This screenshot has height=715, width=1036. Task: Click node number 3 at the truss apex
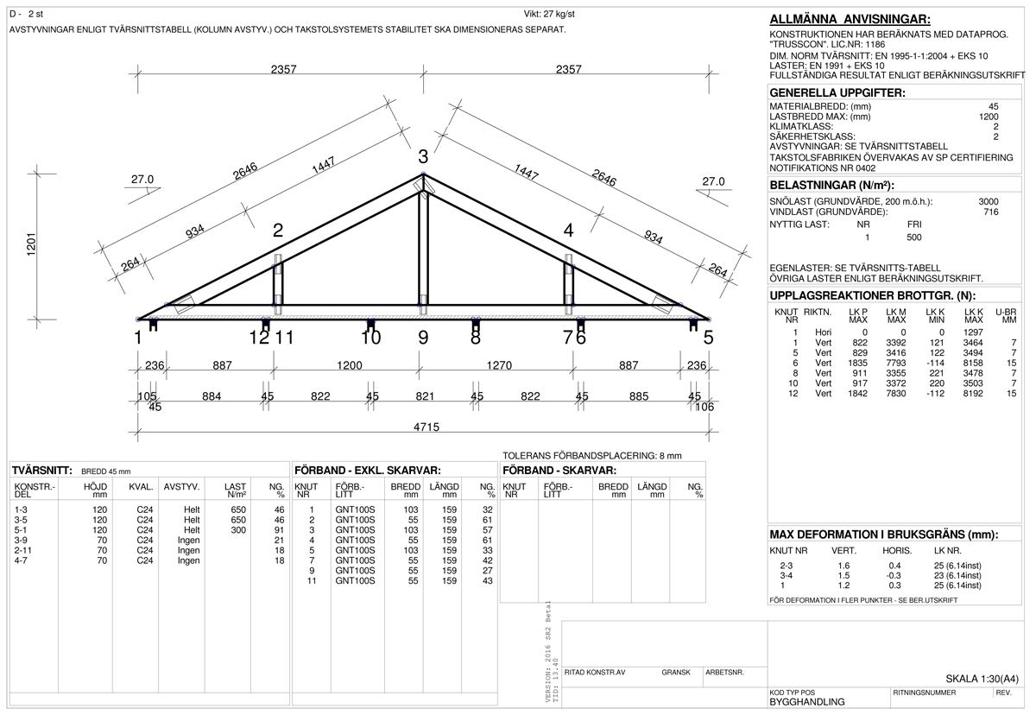tap(423, 157)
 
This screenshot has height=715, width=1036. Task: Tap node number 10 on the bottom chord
tap(370, 339)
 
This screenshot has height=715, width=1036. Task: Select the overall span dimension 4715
tap(423, 427)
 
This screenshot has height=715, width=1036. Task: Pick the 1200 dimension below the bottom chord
tap(349, 365)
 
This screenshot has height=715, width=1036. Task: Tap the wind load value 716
tap(990, 212)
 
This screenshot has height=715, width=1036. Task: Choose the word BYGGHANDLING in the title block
tap(806, 702)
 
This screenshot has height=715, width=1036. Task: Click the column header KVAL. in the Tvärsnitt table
tap(141, 487)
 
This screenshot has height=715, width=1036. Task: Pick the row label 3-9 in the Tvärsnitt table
tap(24, 540)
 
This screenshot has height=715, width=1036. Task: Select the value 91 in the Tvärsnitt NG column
tap(279, 530)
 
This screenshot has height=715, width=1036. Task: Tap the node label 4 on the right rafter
tap(568, 231)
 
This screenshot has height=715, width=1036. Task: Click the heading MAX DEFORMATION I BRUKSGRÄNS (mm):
tap(883, 535)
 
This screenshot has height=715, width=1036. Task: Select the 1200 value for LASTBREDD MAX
tap(988, 117)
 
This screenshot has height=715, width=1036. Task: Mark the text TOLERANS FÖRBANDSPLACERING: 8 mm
tap(591, 455)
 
